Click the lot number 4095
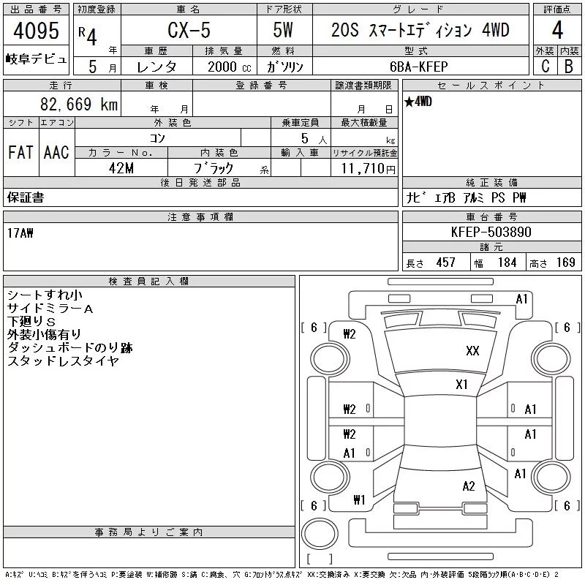[x=36, y=31]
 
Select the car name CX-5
[x=189, y=30]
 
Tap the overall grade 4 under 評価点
[x=557, y=30]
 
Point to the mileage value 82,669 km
[x=79, y=104]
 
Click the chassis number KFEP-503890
[x=491, y=232]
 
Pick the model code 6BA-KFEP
[x=418, y=67]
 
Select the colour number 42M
[x=121, y=168]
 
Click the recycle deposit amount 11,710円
[x=369, y=169]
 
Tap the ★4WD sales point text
[x=418, y=102]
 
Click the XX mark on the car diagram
[x=472, y=351]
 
